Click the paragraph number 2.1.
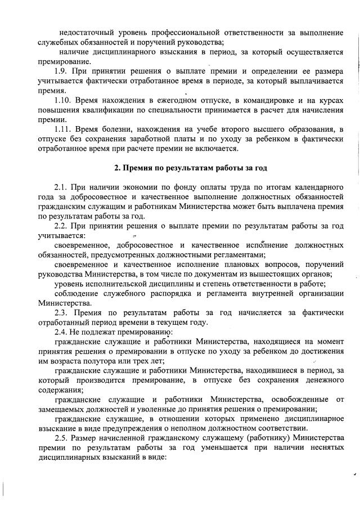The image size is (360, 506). coord(61,186)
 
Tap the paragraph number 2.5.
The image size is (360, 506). coord(61,438)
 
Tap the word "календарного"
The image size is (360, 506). coord(318,186)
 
